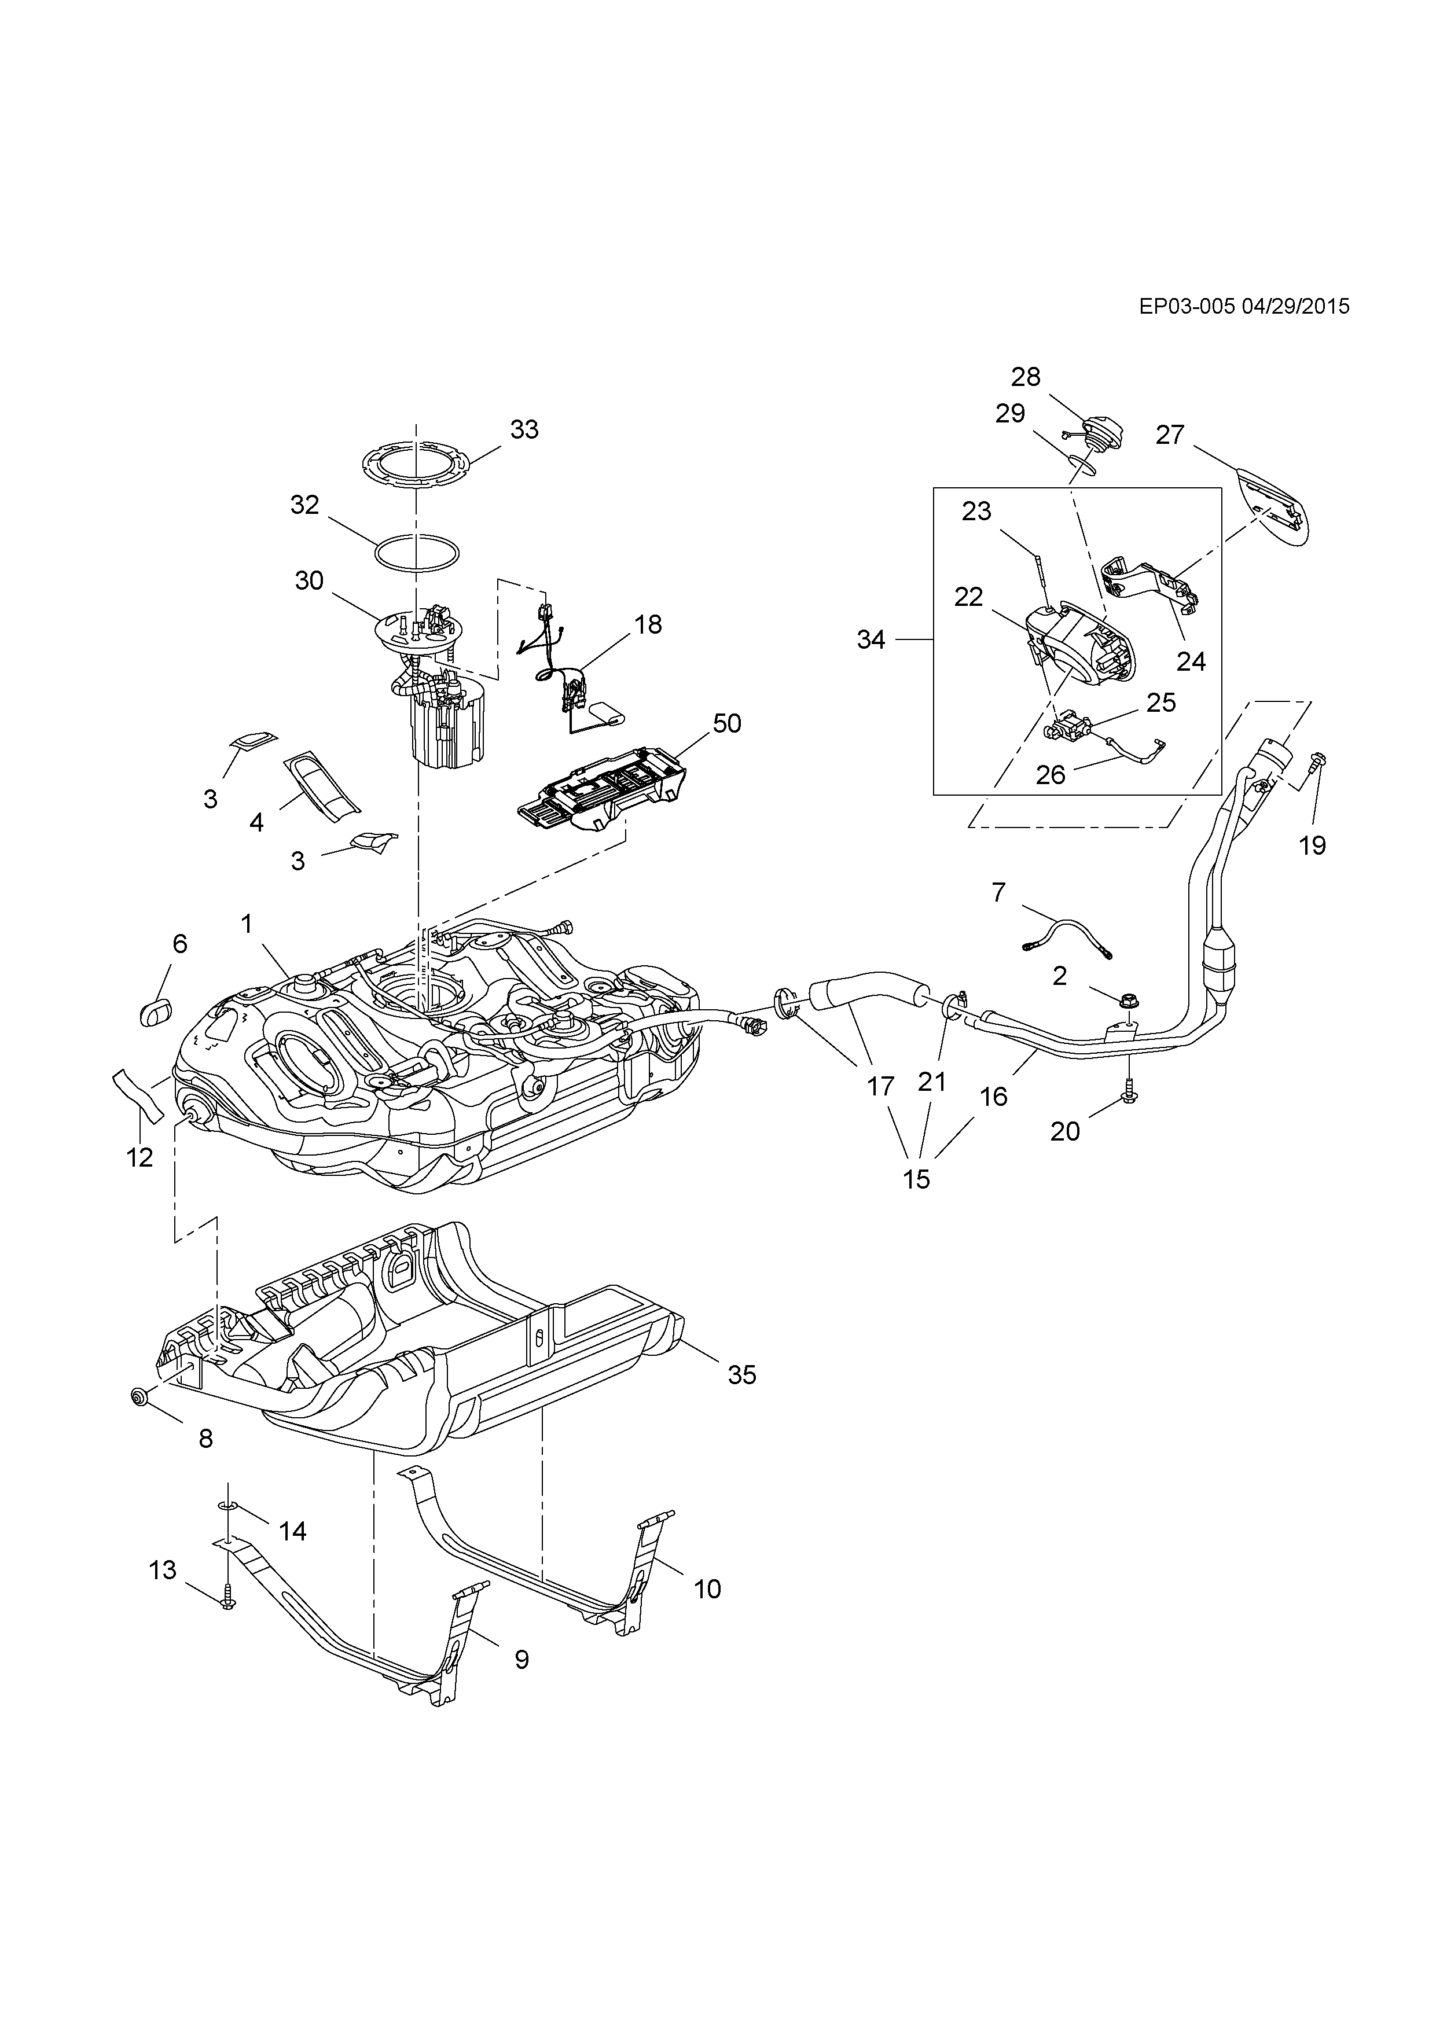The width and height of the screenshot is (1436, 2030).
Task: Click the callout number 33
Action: tap(524, 430)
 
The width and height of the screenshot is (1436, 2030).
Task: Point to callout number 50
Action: tap(727, 723)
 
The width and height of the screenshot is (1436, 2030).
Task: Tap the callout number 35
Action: tap(742, 1375)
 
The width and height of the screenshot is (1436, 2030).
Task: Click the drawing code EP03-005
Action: tap(1187, 307)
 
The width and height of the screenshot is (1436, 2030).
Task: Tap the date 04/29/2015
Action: tap(1295, 307)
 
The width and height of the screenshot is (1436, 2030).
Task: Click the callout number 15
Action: tap(917, 1179)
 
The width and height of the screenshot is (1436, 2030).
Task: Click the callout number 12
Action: tap(139, 1157)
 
